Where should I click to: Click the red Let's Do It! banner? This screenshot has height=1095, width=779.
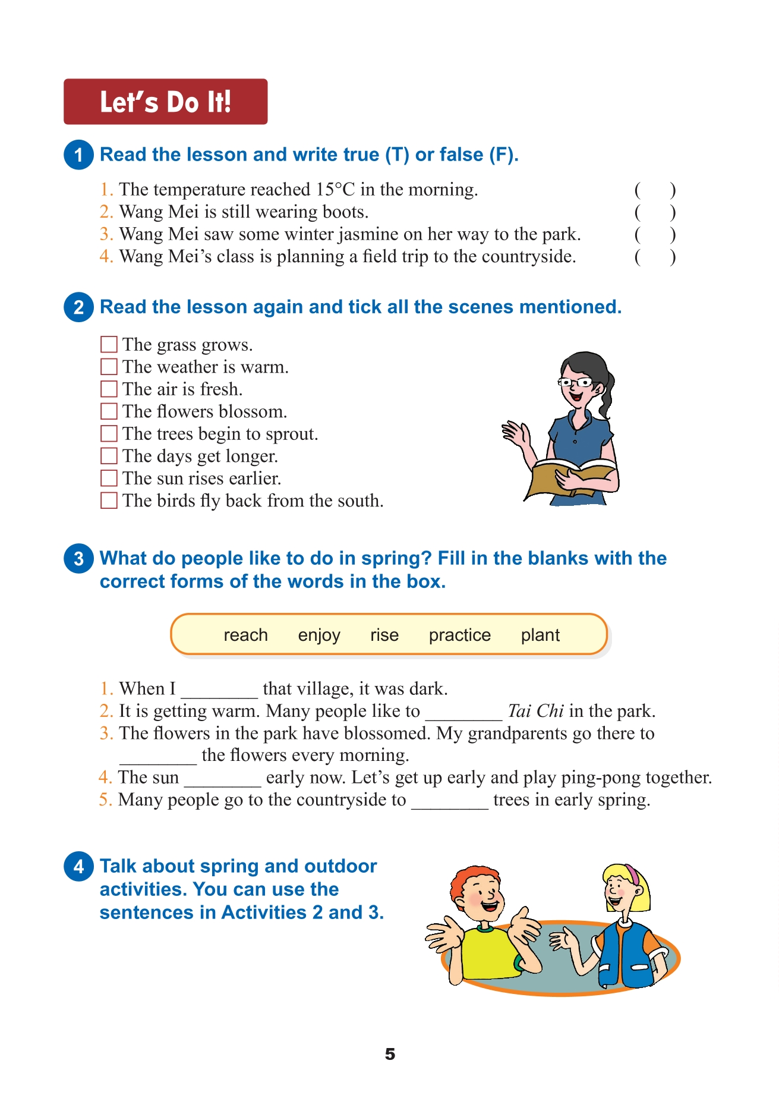(165, 102)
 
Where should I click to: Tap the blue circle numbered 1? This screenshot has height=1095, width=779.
(78, 155)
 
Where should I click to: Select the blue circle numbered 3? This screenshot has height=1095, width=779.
(78, 559)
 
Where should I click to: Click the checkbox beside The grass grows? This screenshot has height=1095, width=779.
(109, 345)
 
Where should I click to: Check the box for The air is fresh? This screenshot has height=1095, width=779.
(109, 389)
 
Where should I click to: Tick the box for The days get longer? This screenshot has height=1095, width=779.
(109, 456)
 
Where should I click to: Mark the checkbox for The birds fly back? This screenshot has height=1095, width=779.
(109, 501)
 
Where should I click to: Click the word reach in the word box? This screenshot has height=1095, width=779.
(245, 635)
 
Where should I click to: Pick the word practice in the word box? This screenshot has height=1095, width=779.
(459, 635)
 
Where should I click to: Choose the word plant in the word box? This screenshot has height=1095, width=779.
(540, 635)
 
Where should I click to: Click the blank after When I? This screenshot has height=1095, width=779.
(219, 691)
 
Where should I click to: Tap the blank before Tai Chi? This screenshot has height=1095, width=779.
(463, 713)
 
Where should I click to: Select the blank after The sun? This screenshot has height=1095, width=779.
(222, 780)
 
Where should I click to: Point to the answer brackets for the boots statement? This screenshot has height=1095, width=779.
(655, 212)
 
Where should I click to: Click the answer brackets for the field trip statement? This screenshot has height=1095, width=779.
(655, 257)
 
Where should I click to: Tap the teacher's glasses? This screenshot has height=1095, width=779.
(575, 382)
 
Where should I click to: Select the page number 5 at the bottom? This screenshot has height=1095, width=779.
(390, 1054)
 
